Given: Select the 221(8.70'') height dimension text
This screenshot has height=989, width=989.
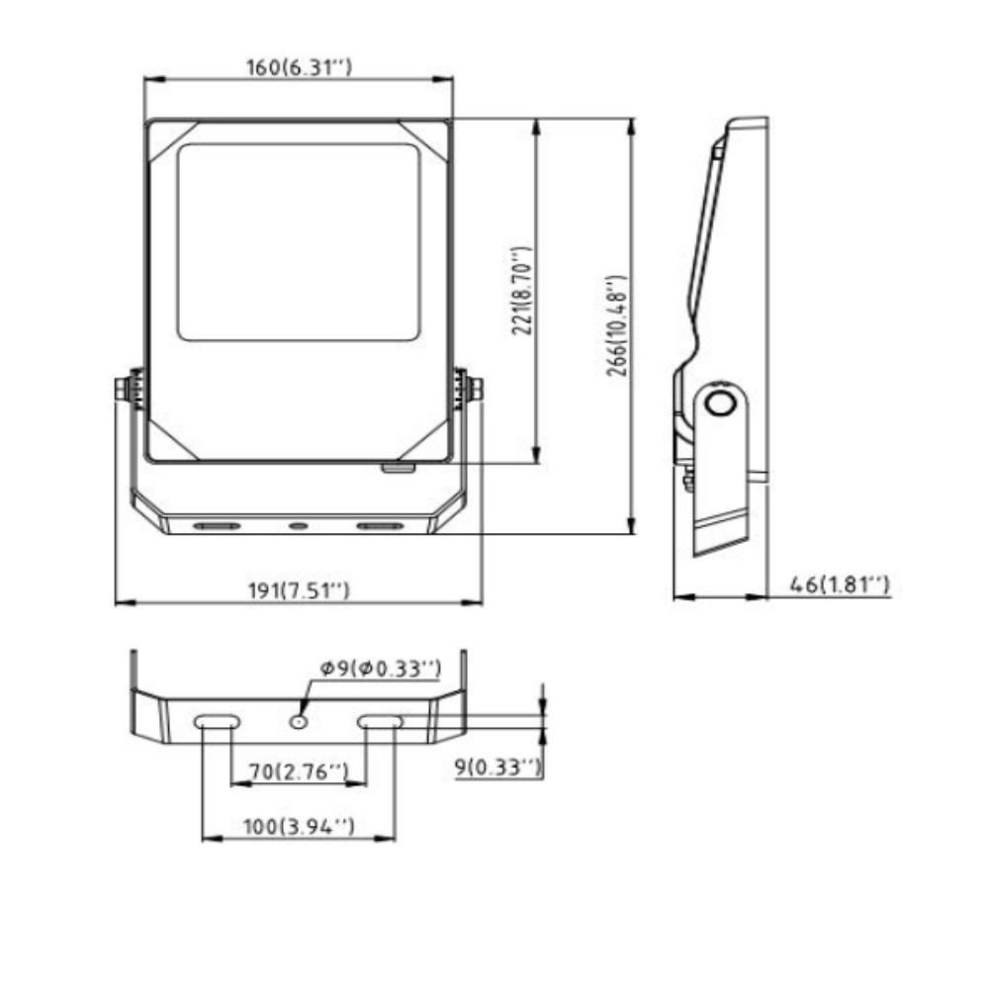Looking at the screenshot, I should [x=523, y=292].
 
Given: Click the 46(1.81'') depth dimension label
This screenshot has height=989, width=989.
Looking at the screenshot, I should [x=840, y=584].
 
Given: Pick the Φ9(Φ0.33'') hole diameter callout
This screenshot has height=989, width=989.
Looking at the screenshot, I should [x=379, y=669].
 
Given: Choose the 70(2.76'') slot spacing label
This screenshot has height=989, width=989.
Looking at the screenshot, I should [x=298, y=769].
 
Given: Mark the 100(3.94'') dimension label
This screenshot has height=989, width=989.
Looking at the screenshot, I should [x=298, y=825].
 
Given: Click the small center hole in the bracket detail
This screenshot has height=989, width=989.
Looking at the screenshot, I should [x=298, y=722].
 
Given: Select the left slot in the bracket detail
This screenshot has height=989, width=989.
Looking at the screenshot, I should [x=216, y=722].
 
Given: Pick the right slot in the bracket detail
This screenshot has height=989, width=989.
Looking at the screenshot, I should [x=381, y=722].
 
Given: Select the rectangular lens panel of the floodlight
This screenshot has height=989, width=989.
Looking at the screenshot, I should [x=298, y=242].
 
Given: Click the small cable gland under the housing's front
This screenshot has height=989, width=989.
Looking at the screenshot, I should [x=400, y=468].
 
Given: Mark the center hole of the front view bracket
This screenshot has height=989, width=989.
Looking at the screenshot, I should [x=298, y=525].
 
